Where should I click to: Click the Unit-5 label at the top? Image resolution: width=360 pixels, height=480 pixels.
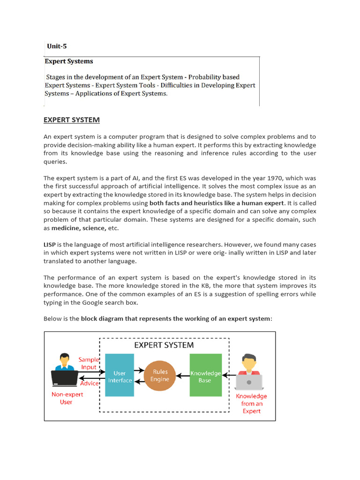(57, 46)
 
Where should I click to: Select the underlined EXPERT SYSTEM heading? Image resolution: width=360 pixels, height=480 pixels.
(72, 120)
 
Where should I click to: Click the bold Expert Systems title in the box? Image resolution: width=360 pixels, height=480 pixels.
(69, 61)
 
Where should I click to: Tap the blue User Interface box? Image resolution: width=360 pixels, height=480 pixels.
(120, 375)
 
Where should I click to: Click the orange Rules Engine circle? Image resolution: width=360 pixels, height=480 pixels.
(160, 375)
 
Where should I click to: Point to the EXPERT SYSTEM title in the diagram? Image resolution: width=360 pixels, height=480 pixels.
(164, 345)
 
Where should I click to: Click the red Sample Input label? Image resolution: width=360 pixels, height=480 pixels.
(89, 363)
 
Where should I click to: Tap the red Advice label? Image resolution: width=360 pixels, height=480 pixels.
(90, 383)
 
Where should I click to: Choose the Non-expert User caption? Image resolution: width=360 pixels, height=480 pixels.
(67, 398)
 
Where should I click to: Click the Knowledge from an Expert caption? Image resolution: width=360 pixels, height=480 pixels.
(251, 403)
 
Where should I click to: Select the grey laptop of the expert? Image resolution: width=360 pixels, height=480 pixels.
(249, 382)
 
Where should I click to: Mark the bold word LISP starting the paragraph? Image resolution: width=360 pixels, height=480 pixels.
(50, 244)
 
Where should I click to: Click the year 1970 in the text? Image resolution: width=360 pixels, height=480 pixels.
(279, 178)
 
